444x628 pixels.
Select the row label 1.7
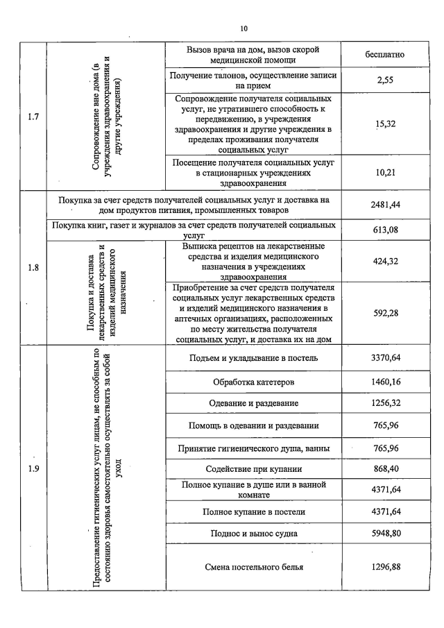pos(33,117)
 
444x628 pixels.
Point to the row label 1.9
pos(33,469)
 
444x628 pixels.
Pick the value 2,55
pos(385,80)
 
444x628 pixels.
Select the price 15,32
pos(385,124)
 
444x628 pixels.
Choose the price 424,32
pos(385,262)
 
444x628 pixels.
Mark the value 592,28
pos(385,313)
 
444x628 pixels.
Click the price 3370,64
pos(385,358)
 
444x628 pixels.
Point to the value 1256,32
pos(385,403)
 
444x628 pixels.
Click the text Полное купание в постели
pos(253,512)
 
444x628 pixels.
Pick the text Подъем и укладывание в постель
pos(253,358)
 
